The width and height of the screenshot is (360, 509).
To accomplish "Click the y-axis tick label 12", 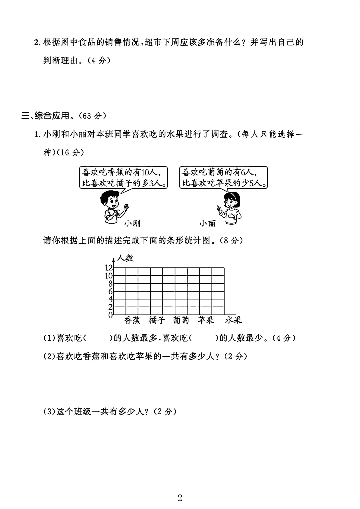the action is [109, 267].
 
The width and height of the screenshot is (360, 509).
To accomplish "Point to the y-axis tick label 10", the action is [109, 275].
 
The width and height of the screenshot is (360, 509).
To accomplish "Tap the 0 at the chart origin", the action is [111, 315].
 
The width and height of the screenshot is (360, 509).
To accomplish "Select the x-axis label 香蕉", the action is [132, 320].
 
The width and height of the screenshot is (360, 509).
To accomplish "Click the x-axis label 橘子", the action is [157, 320].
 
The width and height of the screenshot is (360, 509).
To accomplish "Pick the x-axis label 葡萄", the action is [181, 320].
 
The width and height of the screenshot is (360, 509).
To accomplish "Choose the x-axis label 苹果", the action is [205, 320].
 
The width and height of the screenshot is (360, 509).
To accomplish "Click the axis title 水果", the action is [233, 320].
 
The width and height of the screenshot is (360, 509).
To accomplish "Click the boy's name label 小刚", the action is [132, 223].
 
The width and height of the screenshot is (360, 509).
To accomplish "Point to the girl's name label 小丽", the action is [207, 223].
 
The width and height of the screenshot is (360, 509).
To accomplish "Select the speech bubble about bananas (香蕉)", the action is [123, 178].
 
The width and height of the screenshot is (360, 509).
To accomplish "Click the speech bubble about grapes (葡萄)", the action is [223, 178].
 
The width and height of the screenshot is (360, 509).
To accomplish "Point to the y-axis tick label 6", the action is [111, 291].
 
